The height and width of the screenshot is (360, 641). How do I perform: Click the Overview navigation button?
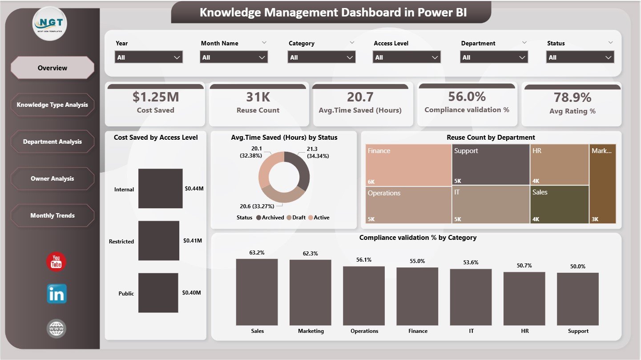tap(52, 68)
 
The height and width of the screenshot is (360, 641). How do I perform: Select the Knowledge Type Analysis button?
tap(52, 105)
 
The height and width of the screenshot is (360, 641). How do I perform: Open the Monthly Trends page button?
tap(52, 216)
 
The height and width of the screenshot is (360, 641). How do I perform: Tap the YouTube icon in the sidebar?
tap(56, 262)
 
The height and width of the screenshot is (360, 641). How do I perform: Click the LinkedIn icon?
tap(56, 294)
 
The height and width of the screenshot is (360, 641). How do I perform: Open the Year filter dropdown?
tap(149, 57)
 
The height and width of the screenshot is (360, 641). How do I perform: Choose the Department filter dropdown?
tap(494, 57)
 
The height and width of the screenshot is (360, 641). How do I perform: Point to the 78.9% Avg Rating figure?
tap(572, 97)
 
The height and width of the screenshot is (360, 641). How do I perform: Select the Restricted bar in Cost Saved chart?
tap(158, 241)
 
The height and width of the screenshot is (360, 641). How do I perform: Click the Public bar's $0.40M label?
tap(191, 293)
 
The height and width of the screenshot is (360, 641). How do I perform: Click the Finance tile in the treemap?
tap(408, 165)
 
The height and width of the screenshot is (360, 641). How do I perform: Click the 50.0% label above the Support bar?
tap(578, 266)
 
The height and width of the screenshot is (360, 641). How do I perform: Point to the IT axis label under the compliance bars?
tap(471, 331)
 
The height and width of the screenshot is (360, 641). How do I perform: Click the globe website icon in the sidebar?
tap(56, 329)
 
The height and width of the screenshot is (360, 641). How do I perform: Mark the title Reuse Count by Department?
tap(491, 138)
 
